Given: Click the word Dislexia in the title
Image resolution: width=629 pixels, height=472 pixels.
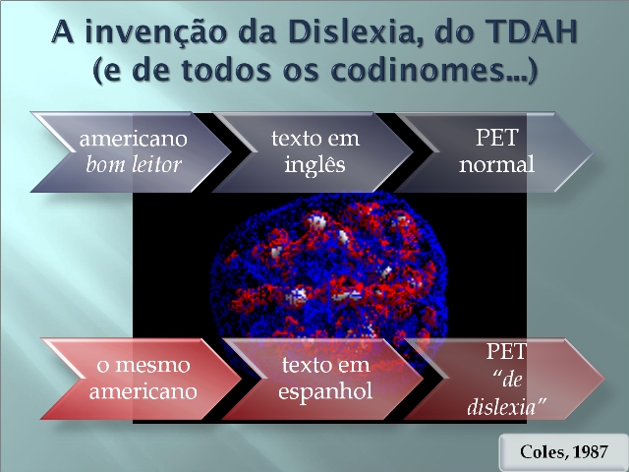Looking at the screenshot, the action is [351, 32].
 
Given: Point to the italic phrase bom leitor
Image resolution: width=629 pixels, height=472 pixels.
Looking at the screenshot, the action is [134, 164].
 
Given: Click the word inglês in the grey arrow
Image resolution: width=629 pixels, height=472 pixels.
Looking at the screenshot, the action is [314, 164].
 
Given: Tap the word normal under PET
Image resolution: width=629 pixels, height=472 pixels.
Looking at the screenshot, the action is [496, 164].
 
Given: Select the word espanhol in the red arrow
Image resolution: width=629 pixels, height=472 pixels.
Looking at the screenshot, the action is [325, 391].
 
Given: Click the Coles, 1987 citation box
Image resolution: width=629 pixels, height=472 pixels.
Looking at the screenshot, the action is [563, 452].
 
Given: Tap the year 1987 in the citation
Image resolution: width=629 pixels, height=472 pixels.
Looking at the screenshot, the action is [591, 452].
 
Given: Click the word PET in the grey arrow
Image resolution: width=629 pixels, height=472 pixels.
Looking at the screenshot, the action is [497, 138].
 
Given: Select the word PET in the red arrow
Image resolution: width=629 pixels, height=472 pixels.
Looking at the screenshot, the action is [506, 351].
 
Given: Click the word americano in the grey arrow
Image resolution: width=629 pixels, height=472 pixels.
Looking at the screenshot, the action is [134, 140].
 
